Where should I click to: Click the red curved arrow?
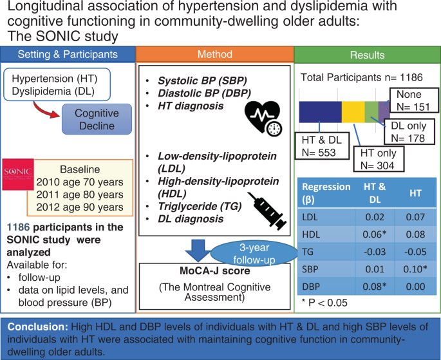coord(48,108)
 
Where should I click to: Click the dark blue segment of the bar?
coord(320,112)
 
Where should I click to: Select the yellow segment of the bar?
coord(353,112)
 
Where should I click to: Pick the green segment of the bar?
coord(374,112)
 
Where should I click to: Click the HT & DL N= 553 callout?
coord(322,146)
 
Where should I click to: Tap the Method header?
coord(215,55)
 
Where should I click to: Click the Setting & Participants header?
coord(68,55)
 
